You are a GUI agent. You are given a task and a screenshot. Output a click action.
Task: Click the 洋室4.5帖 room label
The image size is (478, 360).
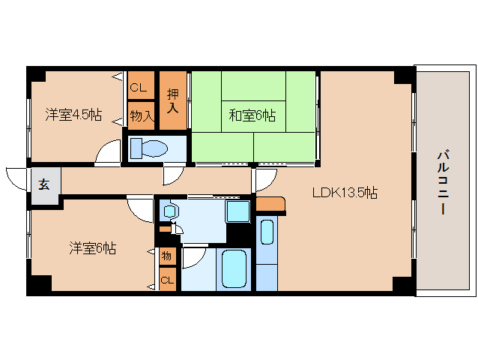(x=73, y=115)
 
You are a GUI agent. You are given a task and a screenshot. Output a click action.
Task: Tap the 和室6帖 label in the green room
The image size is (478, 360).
(x=252, y=115)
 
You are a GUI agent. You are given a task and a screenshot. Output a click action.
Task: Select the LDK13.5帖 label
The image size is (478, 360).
(x=345, y=193)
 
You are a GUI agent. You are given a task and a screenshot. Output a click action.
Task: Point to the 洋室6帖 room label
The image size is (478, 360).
(x=93, y=247)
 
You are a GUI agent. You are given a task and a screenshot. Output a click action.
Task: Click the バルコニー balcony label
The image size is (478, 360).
(x=444, y=182)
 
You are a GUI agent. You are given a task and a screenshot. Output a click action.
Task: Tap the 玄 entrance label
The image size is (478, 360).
(x=44, y=184)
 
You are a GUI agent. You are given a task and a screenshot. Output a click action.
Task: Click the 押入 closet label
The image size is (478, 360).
(x=173, y=101)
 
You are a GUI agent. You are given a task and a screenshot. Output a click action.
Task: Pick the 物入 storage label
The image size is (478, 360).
(x=142, y=116)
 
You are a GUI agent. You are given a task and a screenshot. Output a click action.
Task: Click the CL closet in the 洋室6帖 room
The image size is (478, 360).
(x=167, y=280)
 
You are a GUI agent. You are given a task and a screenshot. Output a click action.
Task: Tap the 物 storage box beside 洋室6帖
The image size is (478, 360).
(x=167, y=256)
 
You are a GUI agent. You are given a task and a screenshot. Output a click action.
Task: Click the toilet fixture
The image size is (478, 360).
(x=149, y=148)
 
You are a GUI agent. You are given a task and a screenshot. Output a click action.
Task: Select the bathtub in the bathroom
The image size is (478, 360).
(x=234, y=268)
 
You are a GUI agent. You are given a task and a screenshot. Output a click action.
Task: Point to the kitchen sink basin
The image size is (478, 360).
(x=267, y=232)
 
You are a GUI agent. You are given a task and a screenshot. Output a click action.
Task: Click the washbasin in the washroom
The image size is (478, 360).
(x=169, y=211)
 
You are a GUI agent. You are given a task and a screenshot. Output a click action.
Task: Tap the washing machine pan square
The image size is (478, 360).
(x=238, y=211)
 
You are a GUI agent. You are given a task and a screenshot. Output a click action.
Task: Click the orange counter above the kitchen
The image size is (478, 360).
(x=270, y=204)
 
